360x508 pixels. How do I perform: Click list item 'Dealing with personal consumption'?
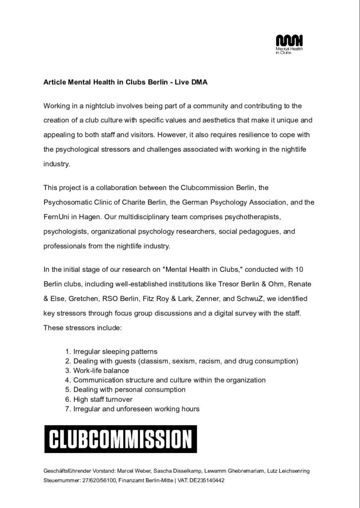coord(129,389)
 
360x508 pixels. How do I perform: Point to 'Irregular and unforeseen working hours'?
coord(136,409)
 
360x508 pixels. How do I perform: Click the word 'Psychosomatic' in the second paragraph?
coord(68,202)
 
